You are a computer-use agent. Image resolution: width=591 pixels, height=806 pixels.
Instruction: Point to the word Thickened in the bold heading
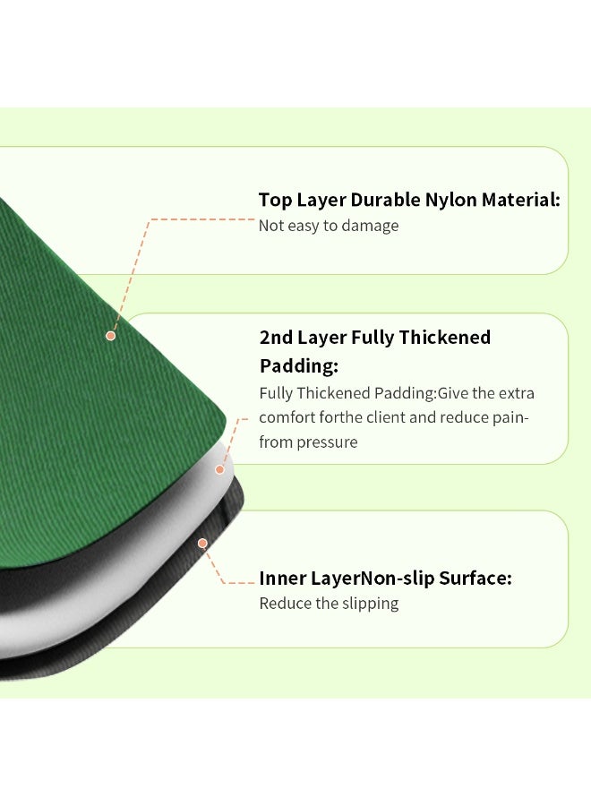point(444,338)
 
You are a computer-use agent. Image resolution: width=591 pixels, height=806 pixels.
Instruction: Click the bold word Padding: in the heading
point(299,366)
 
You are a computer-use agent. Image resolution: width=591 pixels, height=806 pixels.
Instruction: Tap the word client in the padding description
point(385,416)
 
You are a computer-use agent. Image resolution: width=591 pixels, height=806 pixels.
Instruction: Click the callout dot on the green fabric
point(110,336)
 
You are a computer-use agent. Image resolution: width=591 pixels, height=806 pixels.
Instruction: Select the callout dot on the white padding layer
point(219,469)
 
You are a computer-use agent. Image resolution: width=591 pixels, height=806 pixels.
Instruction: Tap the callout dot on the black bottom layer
point(202,544)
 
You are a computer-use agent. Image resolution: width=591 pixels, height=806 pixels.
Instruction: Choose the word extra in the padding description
point(516,393)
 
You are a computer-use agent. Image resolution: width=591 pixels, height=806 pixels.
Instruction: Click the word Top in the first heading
point(275,200)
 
